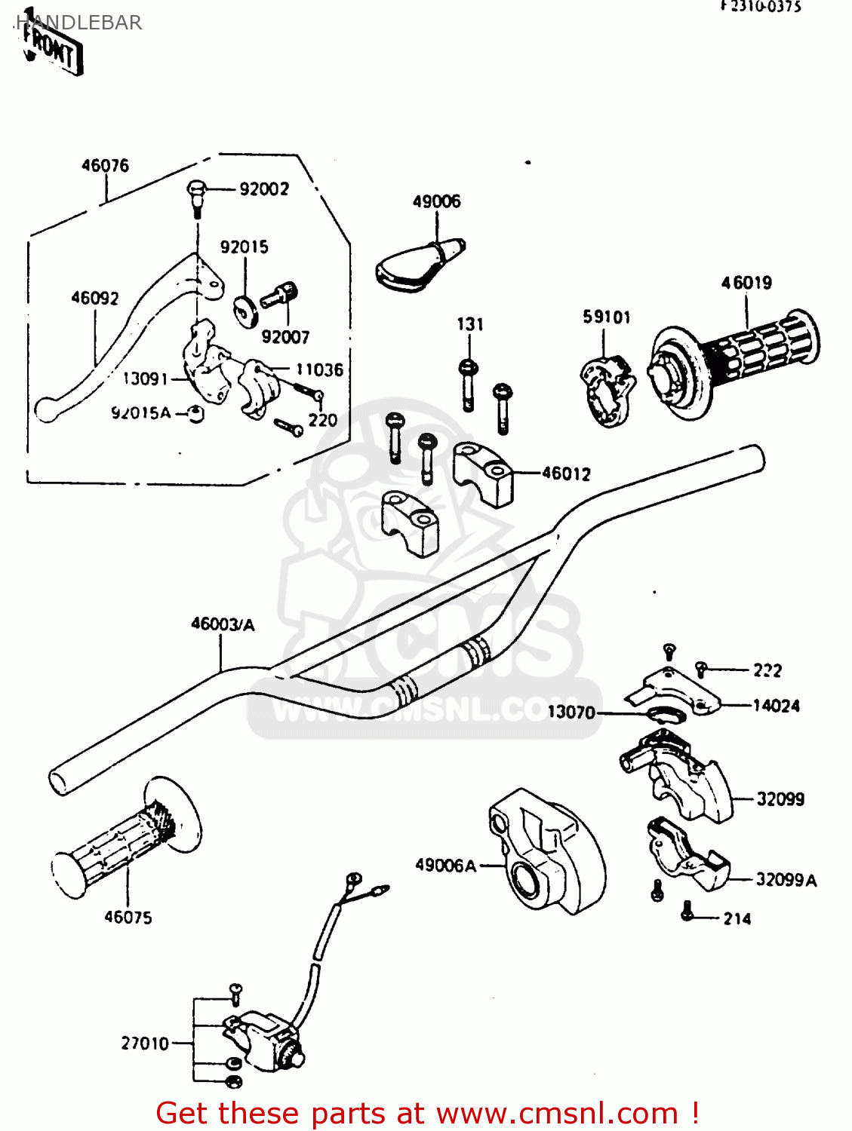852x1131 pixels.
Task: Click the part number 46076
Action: pyautogui.click(x=105, y=165)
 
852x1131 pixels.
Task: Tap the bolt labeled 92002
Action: pyautogui.click(x=195, y=195)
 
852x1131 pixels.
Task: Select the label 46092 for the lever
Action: pyautogui.click(x=95, y=299)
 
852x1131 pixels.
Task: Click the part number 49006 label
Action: pyautogui.click(x=436, y=201)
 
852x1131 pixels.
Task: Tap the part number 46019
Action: pyautogui.click(x=746, y=283)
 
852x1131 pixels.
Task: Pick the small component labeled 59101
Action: pyautogui.click(x=607, y=388)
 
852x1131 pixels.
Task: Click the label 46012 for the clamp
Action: pyautogui.click(x=566, y=474)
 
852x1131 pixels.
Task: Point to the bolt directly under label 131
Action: pyautogui.click(x=468, y=385)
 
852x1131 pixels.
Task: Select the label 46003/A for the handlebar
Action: pyautogui.click(x=223, y=624)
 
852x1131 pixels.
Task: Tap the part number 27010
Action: pyautogui.click(x=145, y=1044)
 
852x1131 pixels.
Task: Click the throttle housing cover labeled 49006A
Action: pyautogui.click(x=543, y=852)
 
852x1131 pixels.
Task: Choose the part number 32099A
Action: pyautogui.click(x=786, y=880)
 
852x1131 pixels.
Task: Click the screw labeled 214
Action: pyautogui.click(x=687, y=912)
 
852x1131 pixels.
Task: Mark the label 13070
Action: pyautogui.click(x=571, y=713)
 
